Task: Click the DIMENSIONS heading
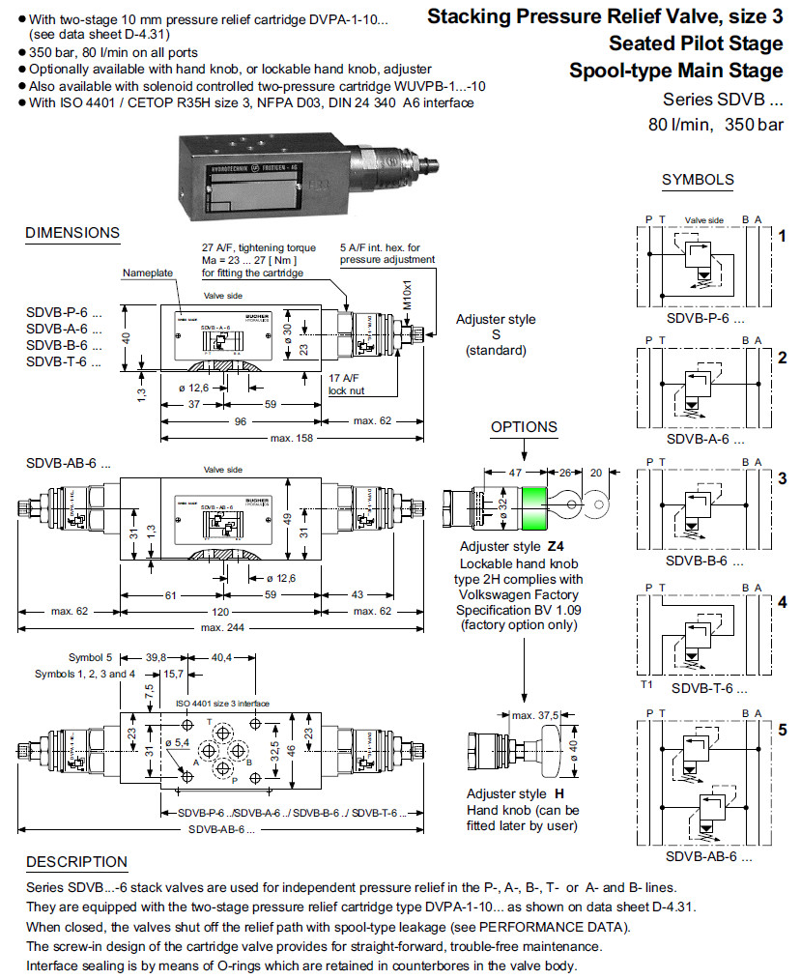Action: pos(72,233)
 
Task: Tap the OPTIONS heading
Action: pos(524,427)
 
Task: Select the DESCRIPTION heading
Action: pos(76,862)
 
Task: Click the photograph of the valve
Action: pos(300,174)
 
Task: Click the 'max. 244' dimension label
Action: pos(223,629)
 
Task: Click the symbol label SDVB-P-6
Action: pos(704,317)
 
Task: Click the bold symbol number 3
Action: pos(783,478)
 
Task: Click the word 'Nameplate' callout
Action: pos(147,274)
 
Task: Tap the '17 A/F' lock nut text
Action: pos(344,378)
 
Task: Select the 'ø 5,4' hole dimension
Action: pos(179,741)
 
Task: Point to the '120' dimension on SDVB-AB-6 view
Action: pos(223,611)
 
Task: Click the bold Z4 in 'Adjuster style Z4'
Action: pos(555,546)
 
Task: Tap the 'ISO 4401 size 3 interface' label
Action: pos(222,703)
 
